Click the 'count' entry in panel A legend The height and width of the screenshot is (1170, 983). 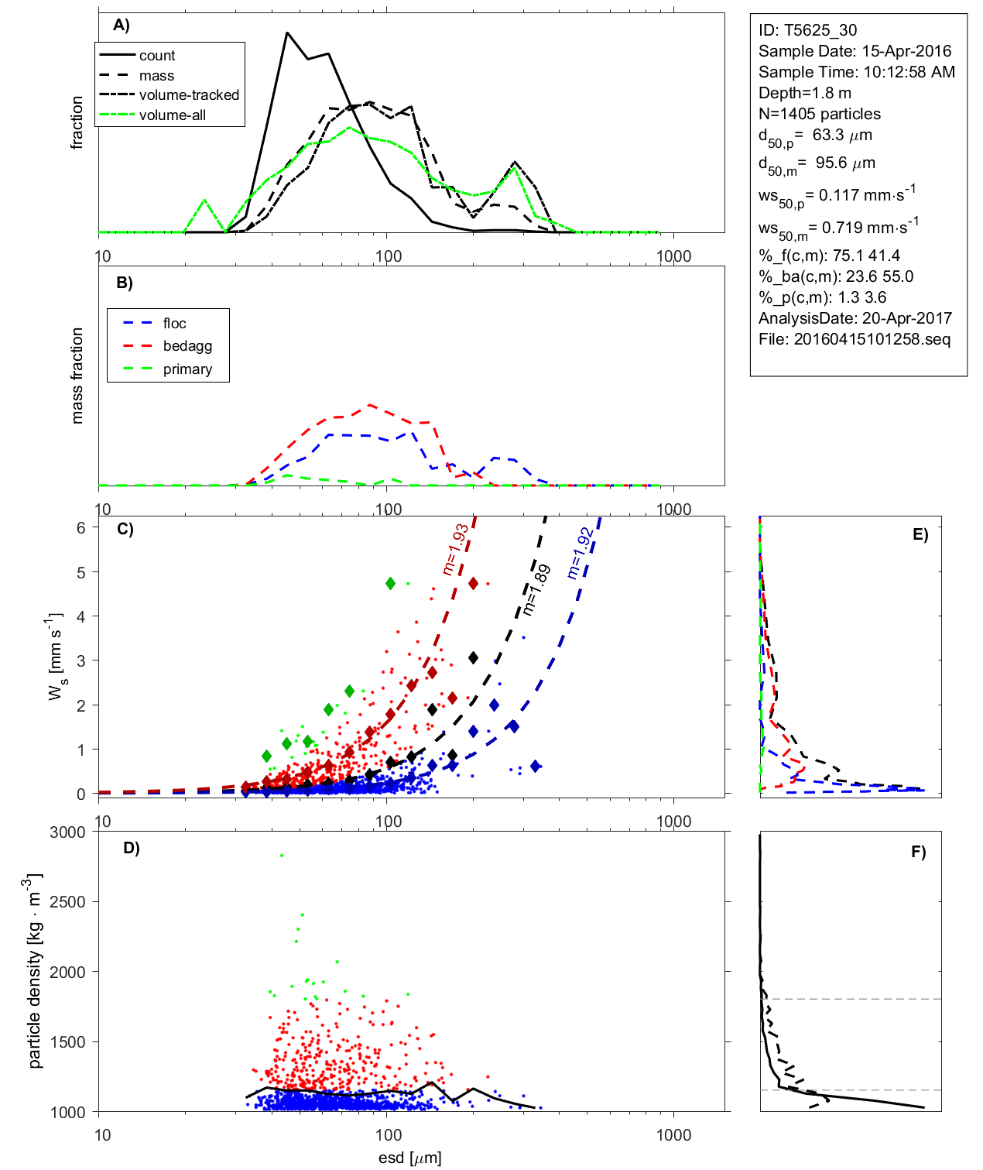click(x=157, y=56)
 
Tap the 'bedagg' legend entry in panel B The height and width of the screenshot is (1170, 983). click(x=187, y=346)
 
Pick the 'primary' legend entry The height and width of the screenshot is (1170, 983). click(x=187, y=369)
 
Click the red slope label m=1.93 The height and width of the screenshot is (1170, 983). click(x=455, y=549)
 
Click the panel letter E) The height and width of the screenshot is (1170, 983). click(x=920, y=534)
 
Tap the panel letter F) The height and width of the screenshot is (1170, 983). click(x=918, y=852)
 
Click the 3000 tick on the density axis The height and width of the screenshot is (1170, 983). click(x=67, y=832)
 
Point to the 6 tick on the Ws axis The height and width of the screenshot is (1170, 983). click(x=80, y=527)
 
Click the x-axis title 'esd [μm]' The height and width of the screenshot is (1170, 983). click(x=409, y=1158)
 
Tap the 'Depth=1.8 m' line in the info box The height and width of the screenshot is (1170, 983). click(x=805, y=93)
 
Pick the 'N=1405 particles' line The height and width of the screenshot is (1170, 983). click(x=820, y=114)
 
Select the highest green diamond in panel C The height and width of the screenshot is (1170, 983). click(x=391, y=583)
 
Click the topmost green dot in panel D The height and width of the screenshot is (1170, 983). click(x=282, y=856)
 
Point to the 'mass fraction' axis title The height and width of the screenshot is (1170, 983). click(x=77, y=376)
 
